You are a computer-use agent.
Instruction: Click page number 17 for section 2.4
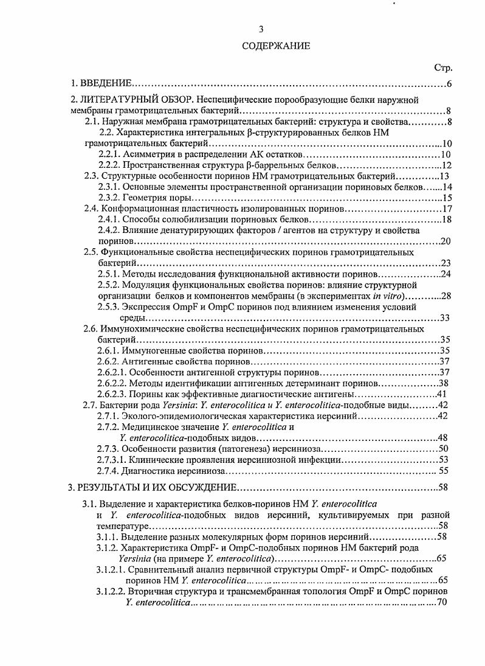[445, 209]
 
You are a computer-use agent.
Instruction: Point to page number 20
[445, 241]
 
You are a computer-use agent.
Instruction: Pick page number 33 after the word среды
[445, 317]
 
